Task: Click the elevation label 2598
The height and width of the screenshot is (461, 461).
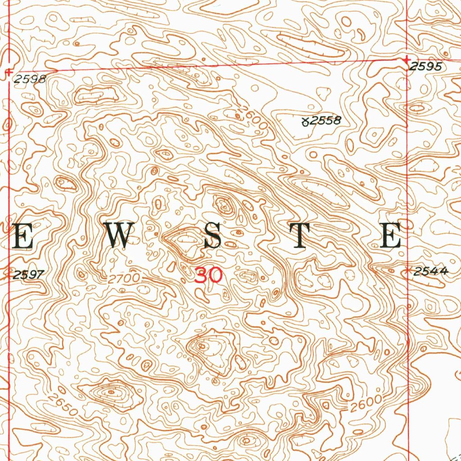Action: click(30, 80)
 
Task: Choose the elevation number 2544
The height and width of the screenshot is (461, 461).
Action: click(430, 271)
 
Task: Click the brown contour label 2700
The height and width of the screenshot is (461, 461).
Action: click(124, 279)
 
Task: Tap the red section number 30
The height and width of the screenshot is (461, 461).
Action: click(208, 275)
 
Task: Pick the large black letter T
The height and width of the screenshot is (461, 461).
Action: click(303, 235)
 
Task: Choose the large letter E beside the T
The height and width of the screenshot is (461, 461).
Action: click(390, 235)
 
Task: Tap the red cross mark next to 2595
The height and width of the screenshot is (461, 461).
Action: click(407, 59)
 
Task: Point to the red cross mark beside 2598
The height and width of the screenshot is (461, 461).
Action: click(9, 71)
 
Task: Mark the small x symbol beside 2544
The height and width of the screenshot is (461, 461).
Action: click(409, 271)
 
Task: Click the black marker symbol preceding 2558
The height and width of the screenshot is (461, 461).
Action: click(305, 121)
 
